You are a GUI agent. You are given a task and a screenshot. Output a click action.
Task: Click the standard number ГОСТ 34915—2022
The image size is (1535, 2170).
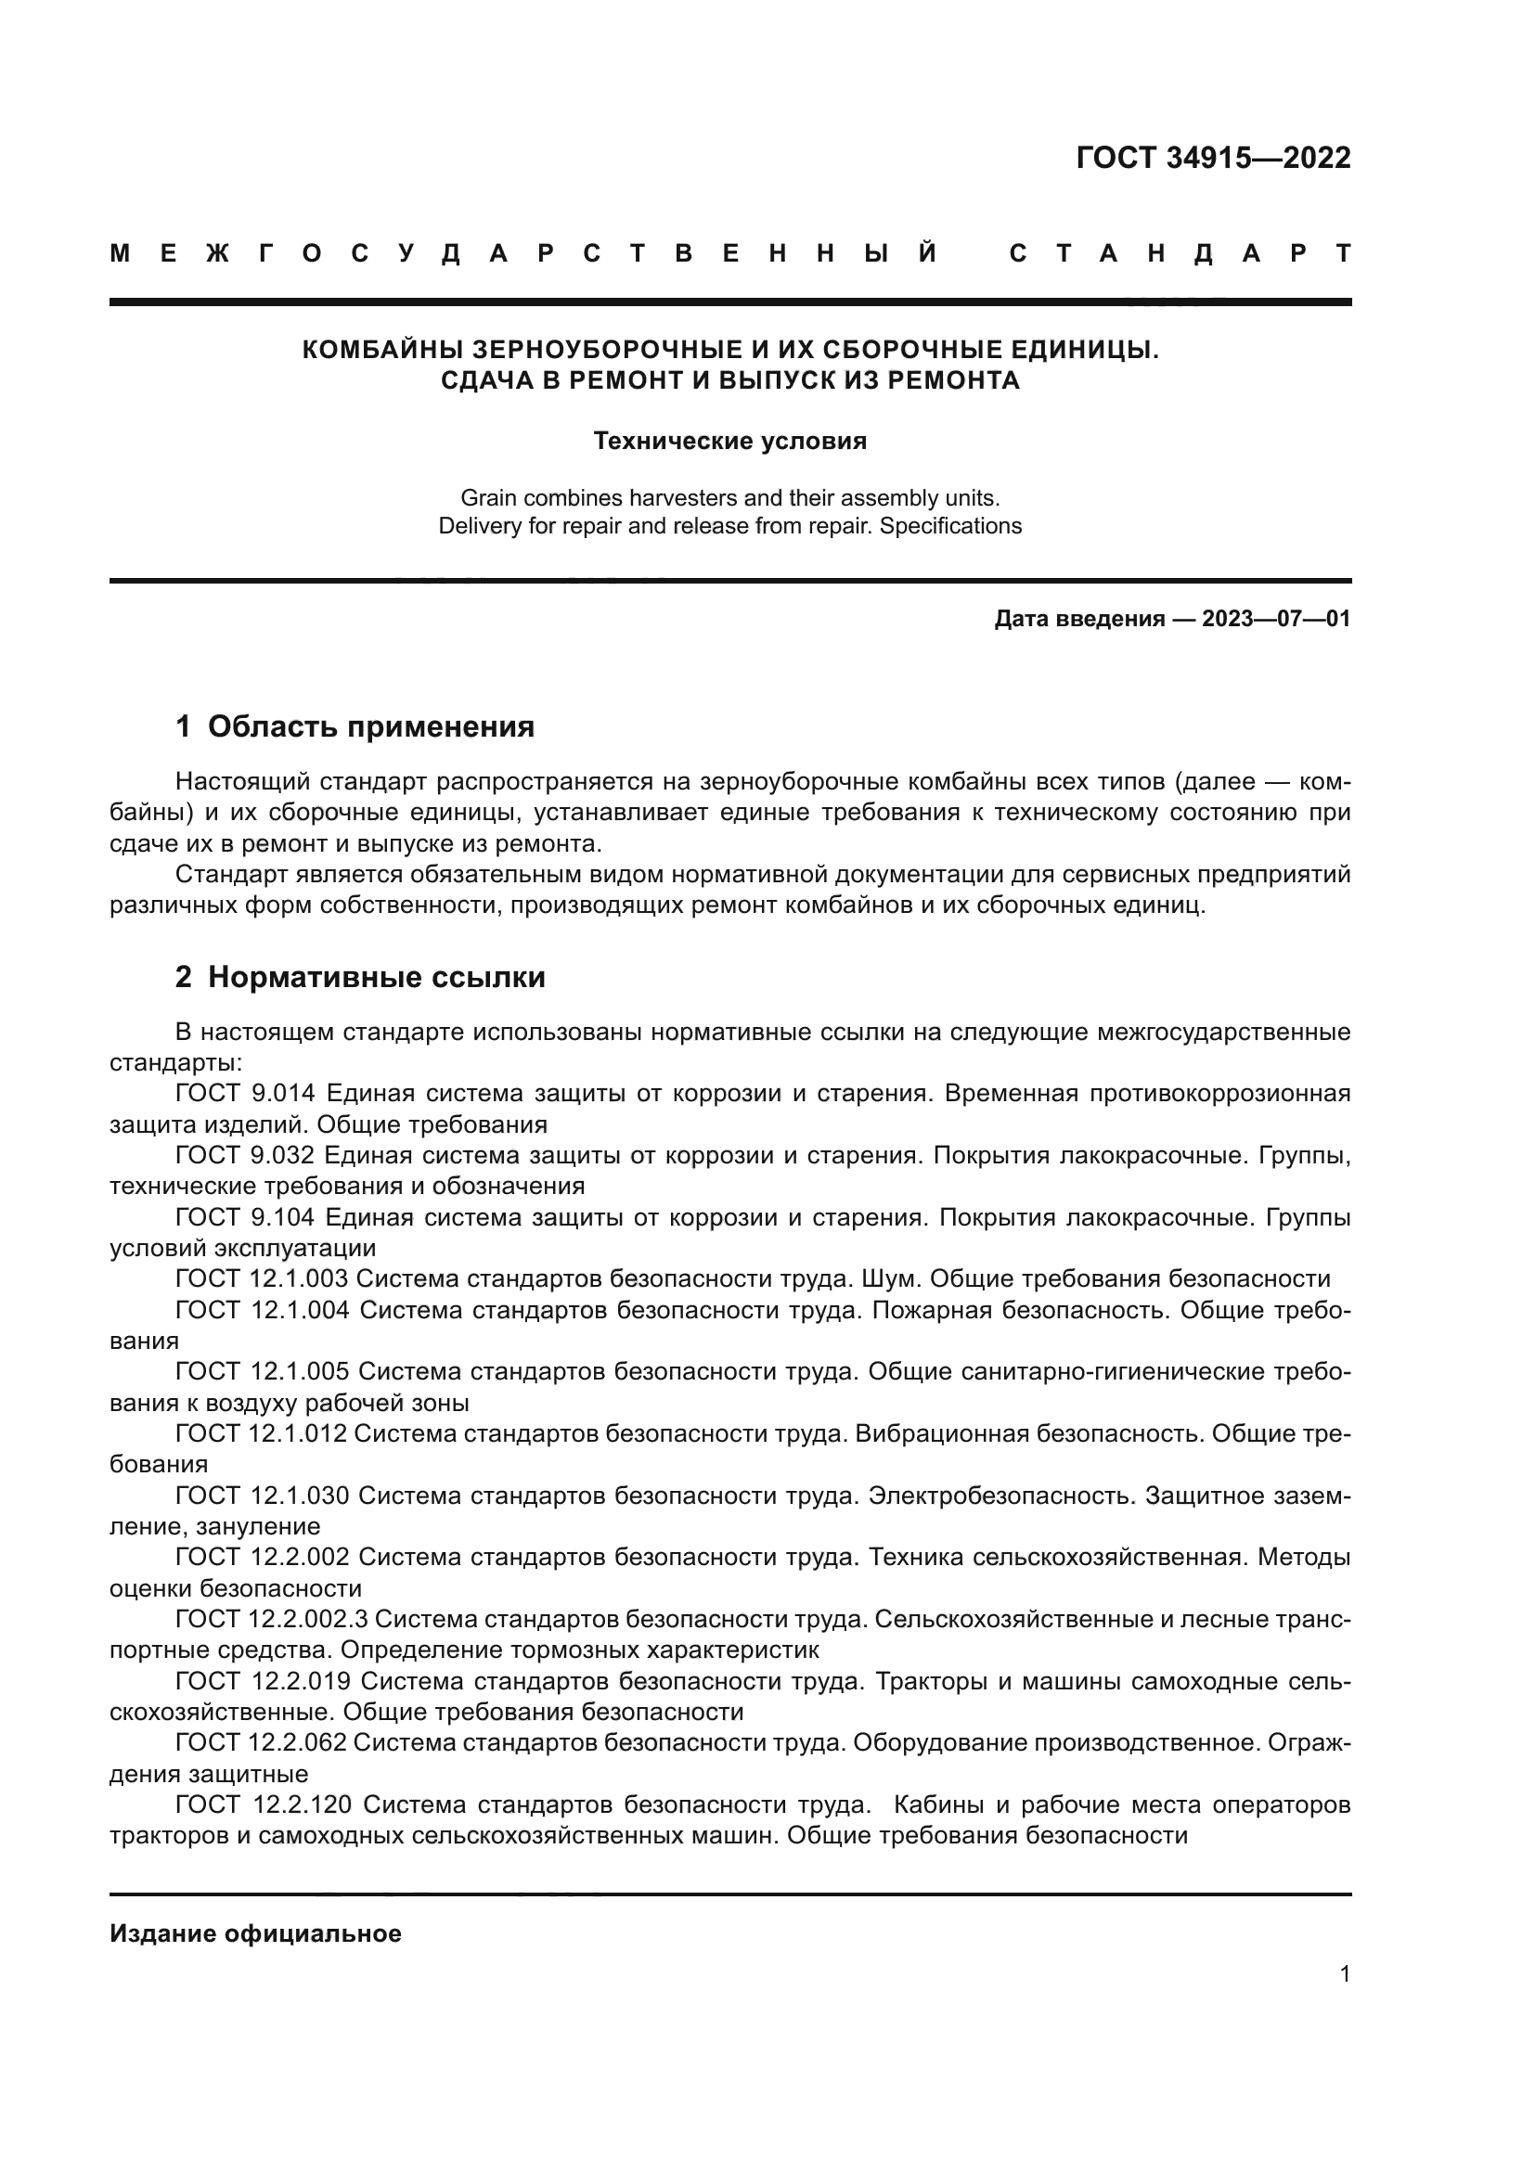[x=1213, y=158]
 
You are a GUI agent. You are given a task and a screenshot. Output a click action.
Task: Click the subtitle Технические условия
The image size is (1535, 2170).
[x=729, y=442]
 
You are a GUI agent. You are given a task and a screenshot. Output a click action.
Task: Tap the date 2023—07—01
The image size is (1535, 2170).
[x=1276, y=619]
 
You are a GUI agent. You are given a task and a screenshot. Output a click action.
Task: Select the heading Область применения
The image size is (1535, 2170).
[x=370, y=725]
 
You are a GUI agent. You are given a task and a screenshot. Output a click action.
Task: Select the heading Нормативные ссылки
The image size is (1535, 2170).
[x=376, y=976]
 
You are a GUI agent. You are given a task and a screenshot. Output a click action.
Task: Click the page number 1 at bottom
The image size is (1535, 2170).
[x=1344, y=1973]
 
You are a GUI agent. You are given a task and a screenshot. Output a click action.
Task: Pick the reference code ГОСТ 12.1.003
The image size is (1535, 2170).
[x=262, y=1278]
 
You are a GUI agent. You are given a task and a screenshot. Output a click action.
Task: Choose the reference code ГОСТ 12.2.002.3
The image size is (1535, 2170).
[x=270, y=1619]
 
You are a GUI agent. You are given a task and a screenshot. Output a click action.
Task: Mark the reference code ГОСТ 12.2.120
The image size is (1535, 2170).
[x=264, y=1804]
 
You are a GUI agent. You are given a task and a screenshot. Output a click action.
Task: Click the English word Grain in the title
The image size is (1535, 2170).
[x=489, y=497]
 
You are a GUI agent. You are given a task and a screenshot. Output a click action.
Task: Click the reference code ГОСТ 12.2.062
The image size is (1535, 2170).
[x=262, y=1742]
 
